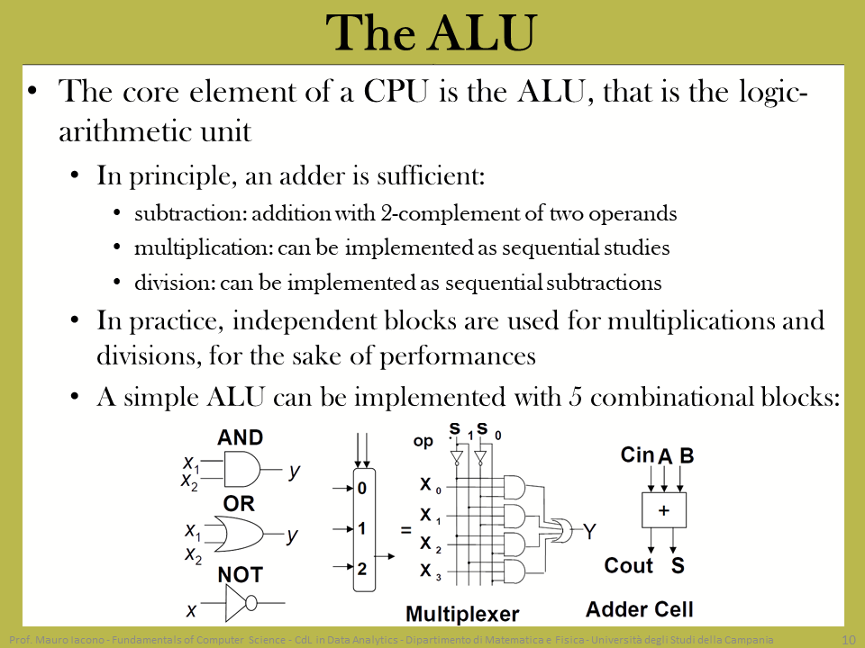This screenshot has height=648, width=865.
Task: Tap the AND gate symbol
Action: click(242, 470)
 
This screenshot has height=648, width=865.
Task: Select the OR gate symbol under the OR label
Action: click(239, 534)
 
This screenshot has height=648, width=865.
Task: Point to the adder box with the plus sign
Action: click(664, 510)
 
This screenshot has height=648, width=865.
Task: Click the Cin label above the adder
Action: click(637, 455)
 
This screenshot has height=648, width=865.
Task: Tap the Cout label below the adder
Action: click(628, 565)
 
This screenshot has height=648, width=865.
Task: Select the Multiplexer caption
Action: click(462, 614)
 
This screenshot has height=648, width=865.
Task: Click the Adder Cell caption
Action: click(640, 609)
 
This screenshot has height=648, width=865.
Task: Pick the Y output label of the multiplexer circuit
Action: click(589, 532)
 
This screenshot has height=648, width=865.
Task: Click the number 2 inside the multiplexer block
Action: click(361, 569)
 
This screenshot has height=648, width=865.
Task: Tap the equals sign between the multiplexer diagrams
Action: click(406, 531)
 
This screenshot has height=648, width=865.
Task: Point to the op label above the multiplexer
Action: click(423, 442)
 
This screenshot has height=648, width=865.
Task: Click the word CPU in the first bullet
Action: click(396, 92)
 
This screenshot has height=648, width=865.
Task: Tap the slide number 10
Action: click(849, 640)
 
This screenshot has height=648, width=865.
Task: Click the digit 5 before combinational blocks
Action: click(576, 397)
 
